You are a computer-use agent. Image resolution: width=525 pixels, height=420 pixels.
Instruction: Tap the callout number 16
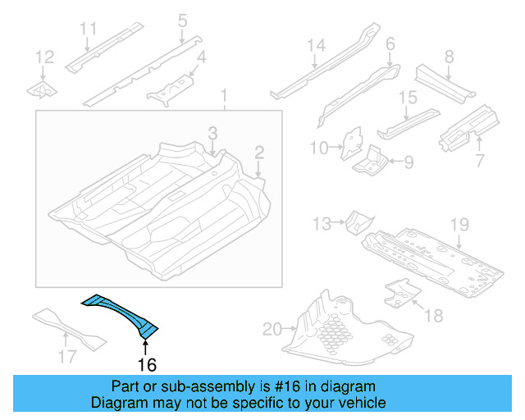[146, 364]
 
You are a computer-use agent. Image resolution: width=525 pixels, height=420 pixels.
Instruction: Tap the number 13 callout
[322, 222]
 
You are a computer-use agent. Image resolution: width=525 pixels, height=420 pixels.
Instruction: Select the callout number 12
[45, 57]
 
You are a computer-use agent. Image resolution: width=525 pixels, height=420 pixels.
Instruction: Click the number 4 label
[200, 57]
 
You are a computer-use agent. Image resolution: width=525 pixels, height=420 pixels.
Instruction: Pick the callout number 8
[449, 57]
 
